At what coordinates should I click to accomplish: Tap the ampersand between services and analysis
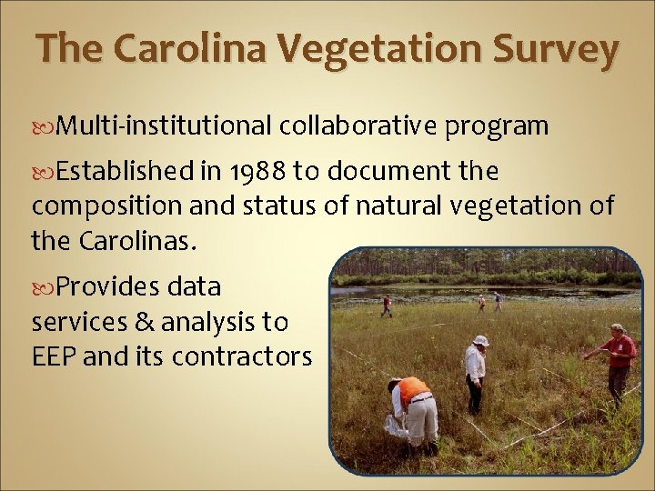[x=132, y=322]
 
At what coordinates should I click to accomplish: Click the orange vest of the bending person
[x=413, y=389]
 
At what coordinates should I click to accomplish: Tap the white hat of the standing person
[x=481, y=340]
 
